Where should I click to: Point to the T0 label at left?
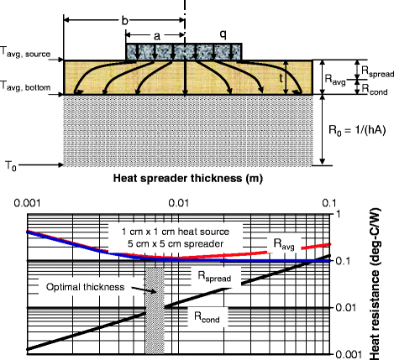coord(8,166)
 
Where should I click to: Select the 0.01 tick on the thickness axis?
coord(179,201)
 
